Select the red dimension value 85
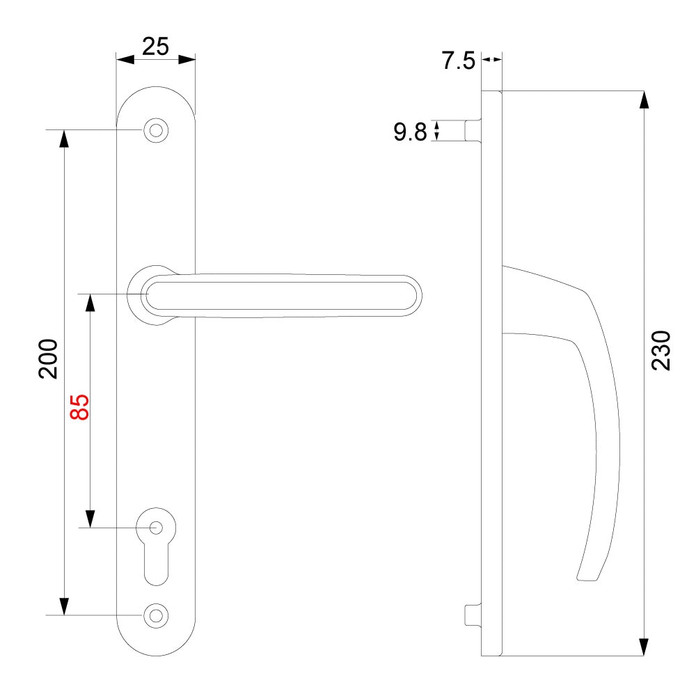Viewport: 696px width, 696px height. click(x=80, y=407)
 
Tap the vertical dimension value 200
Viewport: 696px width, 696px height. click(x=47, y=359)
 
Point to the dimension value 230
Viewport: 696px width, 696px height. click(x=662, y=350)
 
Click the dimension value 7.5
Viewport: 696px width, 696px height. click(x=458, y=61)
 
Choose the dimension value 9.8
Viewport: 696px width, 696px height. click(x=410, y=132)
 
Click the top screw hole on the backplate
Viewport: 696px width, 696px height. click(x=156, y=130)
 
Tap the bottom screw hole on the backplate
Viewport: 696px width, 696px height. click(x=156, y=615)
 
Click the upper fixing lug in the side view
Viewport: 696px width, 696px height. click(x=473, y=130)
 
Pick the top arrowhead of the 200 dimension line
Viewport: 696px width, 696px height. click(x=64, y=139)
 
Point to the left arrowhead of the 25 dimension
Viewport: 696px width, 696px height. click(x=125, y=60)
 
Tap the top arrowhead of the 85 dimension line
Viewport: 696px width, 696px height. click(x=90, y=303)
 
